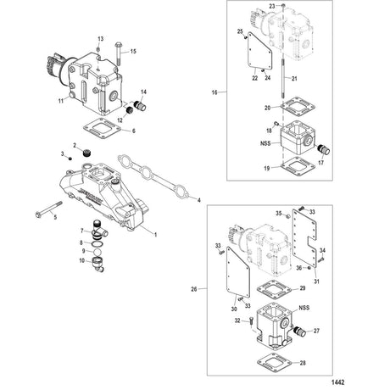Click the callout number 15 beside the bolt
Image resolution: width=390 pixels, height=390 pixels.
pos(133,52)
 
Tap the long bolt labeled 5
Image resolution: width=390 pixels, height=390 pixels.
pos(49,209)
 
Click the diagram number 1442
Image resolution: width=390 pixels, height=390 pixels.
pos(337,382)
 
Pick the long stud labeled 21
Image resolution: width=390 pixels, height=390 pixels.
pos(283,79)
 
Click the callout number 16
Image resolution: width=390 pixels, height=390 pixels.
pos(214,92)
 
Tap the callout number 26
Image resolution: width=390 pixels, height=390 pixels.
pos(194,289)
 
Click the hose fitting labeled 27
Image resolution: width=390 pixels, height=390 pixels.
pos(299,331)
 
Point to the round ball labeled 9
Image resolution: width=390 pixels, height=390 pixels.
pos(97,252)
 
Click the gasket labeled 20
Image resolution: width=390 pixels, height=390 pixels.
pos(298,106)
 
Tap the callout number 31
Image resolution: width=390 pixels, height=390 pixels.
pos(316,281)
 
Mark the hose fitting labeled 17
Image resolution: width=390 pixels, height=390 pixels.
pos(324,149)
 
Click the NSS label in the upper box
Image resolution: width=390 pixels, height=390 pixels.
pos(265,143)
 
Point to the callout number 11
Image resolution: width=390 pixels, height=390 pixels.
pos(61,101)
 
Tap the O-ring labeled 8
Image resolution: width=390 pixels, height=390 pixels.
pos(97,243)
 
